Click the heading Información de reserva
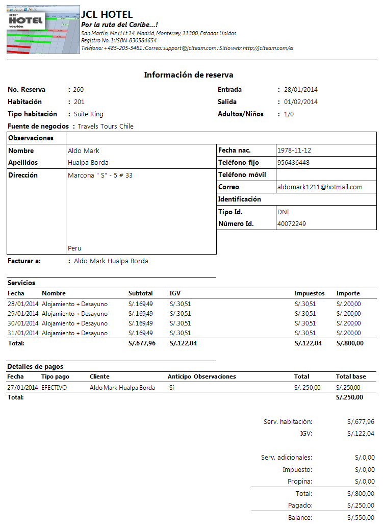pyautogui.click(x=189, y=75)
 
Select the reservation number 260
pyautogui.click(x=79, y=90)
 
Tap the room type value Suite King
pyautogui.click(x=88, y=114)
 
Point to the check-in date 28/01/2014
pyautogui.click(x=301, y=90)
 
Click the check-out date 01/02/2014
pyautogui.click(x=301, y=102)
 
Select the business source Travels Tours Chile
pyautogui.click(x=106, y=127)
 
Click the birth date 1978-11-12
pyautogui.click(x=294, y=150)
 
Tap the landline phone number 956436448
pyautogui.click(x=293, y=163)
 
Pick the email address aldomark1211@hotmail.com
pyautogui.click(x=320, y=187)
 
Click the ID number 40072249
pyautogui.click(x=292, y=224)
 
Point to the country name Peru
pyautogui.click(x=74, y=248)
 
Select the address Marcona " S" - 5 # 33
pyautogui.click(x=100, y=175)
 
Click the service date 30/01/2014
pyautogui.click(x=23, y=323)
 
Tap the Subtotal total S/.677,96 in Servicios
pyautogui.click(x=142, y=343)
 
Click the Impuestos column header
pyautogui.click(x=310, y=294)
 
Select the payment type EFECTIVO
pyautogui.click(x=54, y=388)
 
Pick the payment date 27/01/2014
pyautogui.click(x=23, y=388)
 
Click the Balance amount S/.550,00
pyautogui.click(x=361, y=518)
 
